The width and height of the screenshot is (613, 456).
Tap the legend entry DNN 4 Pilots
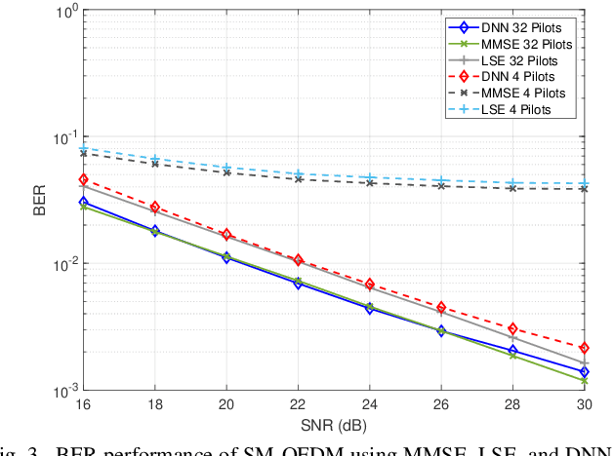[x=523, y=77]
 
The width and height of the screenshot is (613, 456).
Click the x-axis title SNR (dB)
[x=334, y=423]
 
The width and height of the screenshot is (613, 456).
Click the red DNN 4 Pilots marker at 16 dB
[x=84, y=180]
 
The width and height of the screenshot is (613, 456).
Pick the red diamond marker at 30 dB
[x=584, y=348]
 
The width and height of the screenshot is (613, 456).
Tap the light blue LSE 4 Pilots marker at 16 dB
[x=84, y=149]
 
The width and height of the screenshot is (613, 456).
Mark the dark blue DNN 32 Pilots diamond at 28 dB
[x=512, y=350]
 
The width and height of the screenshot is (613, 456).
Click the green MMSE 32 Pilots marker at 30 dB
[x=584, y=381]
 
